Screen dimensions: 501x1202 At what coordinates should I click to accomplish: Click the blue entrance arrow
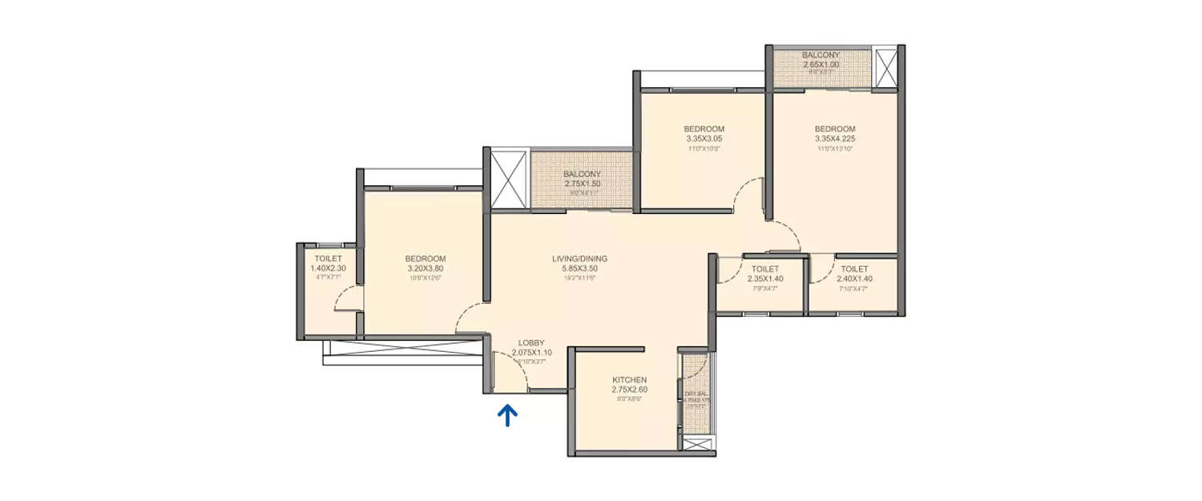point(507,414)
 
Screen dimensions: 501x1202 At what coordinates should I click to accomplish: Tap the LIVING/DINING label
point(579,259)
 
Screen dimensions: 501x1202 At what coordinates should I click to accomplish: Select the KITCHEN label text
point(629,380)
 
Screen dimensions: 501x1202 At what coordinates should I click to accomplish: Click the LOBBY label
point(531,343)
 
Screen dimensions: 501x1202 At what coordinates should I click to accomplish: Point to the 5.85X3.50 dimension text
point(579,269)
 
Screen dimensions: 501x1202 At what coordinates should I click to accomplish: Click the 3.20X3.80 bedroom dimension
point(425,269)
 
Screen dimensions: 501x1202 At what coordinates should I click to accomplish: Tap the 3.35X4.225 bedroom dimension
point(835,139)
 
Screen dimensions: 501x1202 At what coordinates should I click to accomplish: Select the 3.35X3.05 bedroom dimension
point(704,139)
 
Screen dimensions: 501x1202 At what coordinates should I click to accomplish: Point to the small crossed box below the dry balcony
point(692,443)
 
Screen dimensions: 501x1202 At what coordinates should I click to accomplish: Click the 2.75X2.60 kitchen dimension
point(629,390)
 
